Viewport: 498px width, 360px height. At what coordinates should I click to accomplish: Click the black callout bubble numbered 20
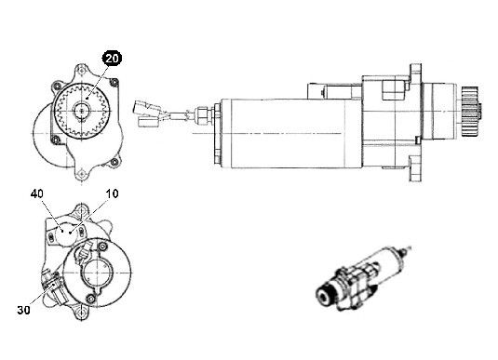(x=112, y=59)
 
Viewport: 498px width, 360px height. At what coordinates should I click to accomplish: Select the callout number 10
(x=112, y=193)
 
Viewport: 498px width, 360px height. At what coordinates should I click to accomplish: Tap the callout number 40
(x=37, y=193)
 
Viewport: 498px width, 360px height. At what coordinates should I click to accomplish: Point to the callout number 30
(x=24, y=310)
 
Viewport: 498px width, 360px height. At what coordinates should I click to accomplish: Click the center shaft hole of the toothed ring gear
(x=82, y=111)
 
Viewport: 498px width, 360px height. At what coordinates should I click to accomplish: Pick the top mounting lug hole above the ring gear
(x=82, y=69)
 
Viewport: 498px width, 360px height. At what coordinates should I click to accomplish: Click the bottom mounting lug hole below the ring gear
(x=82, y=173)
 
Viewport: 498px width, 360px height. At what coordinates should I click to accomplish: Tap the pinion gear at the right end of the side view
(x=472, y=111)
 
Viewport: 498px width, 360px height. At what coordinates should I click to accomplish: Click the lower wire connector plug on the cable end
(x=149, y=121)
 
